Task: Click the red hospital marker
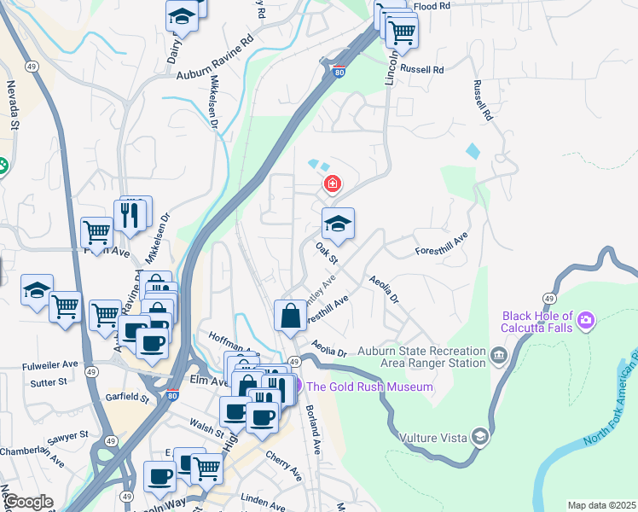click(x=332, y=183)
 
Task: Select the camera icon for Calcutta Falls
click(x=586, y=321)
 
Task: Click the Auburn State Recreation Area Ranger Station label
click(x=420, y=357)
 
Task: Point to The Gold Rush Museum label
click(x=369, y=387)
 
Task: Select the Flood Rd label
click(x=432, y=6)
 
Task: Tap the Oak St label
click(x=327, y=253)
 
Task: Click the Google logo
click(x=28, y=502)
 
